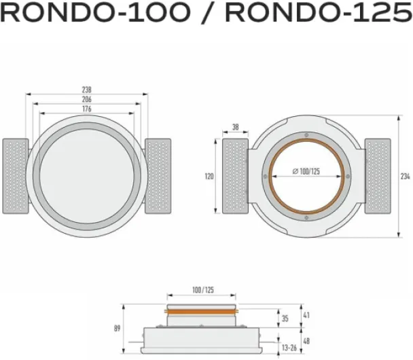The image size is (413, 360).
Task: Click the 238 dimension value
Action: coord(87,90)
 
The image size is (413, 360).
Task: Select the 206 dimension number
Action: coord(87,99)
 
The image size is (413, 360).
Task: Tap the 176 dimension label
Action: coord(87,109)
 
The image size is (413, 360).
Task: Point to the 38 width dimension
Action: coord(236,127)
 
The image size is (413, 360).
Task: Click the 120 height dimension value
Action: coord(209,176)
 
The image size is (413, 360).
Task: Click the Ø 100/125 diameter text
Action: coord(306,171)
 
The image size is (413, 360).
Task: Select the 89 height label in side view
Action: coord(117,328)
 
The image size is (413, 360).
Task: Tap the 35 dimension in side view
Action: coord(285,319)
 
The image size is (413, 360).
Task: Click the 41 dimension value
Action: coord(306,315)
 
